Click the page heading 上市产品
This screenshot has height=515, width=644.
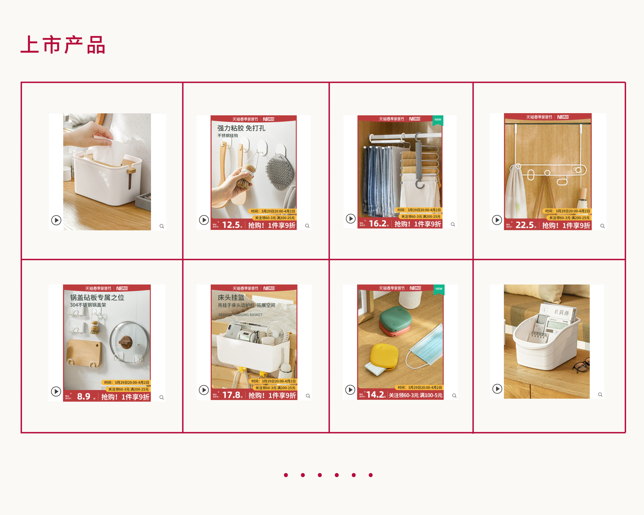click(63, 45)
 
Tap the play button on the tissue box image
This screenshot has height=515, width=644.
click(56, 220)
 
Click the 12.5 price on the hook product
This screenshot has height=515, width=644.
click(231, 225)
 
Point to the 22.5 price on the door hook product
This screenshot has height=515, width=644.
click(524, 225)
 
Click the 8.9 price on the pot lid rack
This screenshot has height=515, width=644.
click(84, 396)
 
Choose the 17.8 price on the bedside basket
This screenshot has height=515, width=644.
click(231, 395)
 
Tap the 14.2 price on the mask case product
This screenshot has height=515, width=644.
click(375, 395)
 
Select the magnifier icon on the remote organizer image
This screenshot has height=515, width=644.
click(600, 395)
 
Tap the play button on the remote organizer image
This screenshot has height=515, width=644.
click(497, 389)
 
